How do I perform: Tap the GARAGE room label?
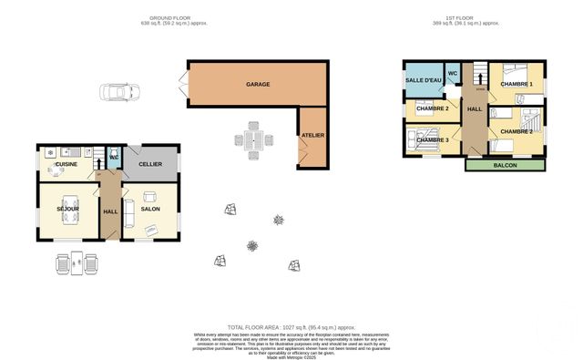257,84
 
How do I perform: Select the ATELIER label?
313,136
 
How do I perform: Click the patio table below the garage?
254,141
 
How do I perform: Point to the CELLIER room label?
150,165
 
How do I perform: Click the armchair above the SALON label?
150,196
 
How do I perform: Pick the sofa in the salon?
128,212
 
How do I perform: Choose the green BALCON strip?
506,165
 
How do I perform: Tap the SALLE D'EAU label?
423,81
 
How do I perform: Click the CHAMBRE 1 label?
517,85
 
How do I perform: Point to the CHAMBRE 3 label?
434,139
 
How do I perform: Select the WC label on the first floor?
452,73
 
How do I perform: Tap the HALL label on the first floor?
475,109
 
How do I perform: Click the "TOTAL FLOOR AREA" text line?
291,326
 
